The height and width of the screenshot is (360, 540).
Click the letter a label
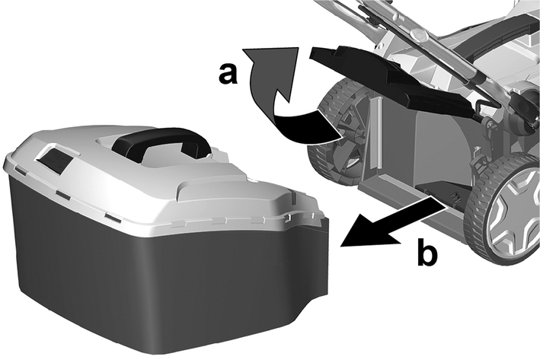pyautogui.click(x=228, y=74)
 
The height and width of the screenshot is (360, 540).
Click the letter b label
pyautogui.click(x=427, y=252)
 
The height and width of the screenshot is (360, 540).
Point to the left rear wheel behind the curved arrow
pyautogui.click(x=336, y=138)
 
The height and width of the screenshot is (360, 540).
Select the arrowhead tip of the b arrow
pyautogui.click(x=340, y=246)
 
